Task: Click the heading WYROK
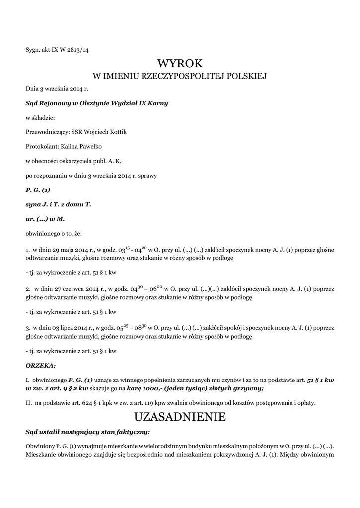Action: click(180, 63)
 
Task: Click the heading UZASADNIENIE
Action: click(180, 417)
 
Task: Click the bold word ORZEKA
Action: click(40, 365)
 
